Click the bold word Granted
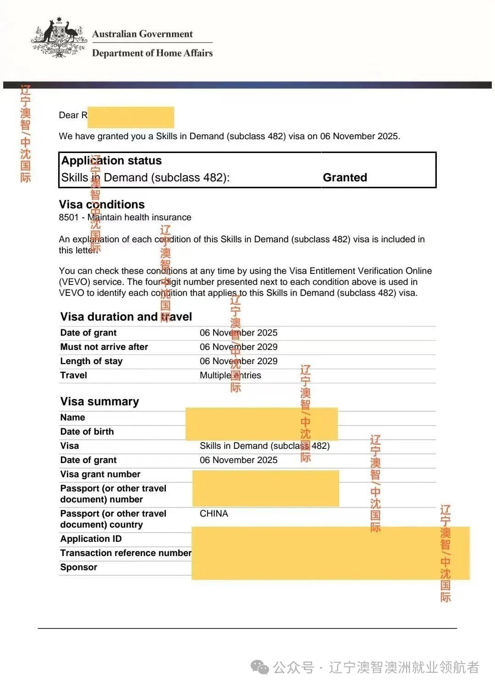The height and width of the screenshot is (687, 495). point(345,177)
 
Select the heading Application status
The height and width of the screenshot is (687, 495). point(111,161)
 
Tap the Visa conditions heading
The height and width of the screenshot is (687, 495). point(102,204)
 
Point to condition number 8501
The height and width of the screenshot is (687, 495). point(69,217)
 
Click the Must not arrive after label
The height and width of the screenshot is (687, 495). point(104,347)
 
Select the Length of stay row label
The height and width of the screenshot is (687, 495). point(91,361)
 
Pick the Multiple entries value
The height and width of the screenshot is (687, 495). point(230,375)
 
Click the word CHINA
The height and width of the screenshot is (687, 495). point(214,513)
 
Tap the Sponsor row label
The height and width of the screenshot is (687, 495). point(79,567)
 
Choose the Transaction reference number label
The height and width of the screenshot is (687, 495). point(126,553)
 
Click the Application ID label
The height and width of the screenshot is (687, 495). point(91,539)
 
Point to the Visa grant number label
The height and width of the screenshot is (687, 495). point(100,474)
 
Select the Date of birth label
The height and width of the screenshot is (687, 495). point(87,431)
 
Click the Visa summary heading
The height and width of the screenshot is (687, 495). point(99,401)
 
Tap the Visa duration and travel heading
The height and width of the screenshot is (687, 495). point(126,316)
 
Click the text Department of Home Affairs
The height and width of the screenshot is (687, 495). point(152,53)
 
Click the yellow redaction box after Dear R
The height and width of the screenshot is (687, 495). point(131,117)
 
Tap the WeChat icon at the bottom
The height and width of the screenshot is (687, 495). point(260,667)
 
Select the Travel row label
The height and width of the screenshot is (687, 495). point(73,375)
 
